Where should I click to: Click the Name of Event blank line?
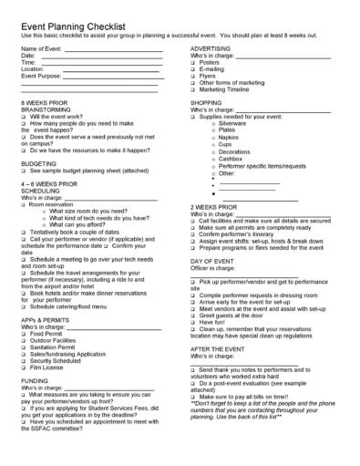pyautogui.click(x=114, y=50)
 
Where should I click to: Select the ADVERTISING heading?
pyautogui.click(x=216, y=47)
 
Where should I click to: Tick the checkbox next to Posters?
pyautogui.click(x=193, y=62)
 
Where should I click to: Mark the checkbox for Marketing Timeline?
pyautogui.click(x=193, y=91)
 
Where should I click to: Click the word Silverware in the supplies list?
pyautogui.click(x=232, y=124)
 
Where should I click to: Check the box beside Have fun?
pyautogui.click(x=193, y=321)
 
